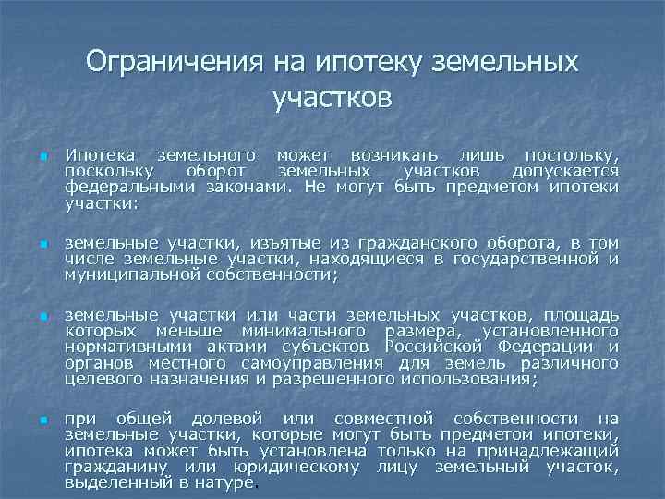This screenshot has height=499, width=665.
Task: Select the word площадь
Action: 581,315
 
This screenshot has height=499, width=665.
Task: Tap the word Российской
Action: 449,347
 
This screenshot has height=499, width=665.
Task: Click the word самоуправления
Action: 311,362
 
